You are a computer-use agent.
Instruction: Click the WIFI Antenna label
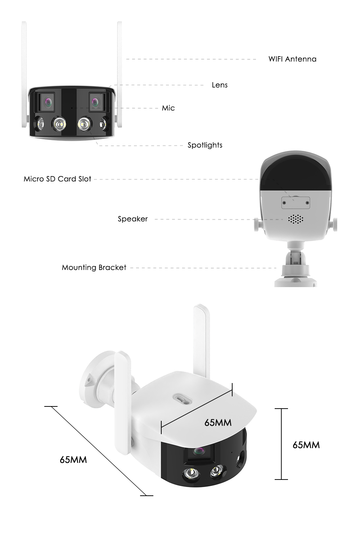click(x=292, y=59)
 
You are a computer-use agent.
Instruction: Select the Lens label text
click(x=220, y=85)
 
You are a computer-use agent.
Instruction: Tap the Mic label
click(x=168, y=108)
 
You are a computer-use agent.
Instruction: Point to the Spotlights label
click(x=205, y=145)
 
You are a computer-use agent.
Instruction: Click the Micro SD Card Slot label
click(x=57, y=179)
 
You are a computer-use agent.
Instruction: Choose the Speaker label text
click(x=132, y=219)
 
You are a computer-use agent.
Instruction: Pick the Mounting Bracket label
click(x=94, y=267)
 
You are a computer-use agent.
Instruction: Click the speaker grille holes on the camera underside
click(x=296, y=219)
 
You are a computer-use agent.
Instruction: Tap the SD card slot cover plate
click(x=296, y=203)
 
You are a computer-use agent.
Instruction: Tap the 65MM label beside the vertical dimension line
click(x=306, y=445)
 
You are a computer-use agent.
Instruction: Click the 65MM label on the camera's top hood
click(x=218, y=422)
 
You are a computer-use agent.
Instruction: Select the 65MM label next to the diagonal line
click(x=73, y=460)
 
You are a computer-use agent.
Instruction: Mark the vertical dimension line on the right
click(x=281, y=444)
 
